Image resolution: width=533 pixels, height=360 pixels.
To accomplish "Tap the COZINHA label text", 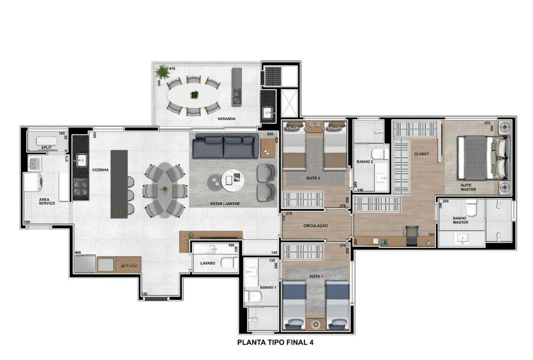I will pos(100,170).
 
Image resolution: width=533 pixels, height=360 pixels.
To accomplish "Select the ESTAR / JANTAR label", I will pos(223,204).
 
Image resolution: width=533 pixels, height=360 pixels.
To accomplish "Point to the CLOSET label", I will pos(421,154).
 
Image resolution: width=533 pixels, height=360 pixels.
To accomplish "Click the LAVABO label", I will pos(207,263).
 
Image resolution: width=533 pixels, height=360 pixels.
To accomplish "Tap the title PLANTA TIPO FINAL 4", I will pos(275,343).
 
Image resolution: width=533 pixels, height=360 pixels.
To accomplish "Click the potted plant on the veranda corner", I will pos(160,71).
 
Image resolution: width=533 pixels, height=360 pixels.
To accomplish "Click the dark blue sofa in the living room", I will pos(224,146).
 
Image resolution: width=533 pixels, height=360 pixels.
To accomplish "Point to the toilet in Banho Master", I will pos(471,207).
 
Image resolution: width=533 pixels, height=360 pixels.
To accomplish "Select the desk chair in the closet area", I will pos(411,233).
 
